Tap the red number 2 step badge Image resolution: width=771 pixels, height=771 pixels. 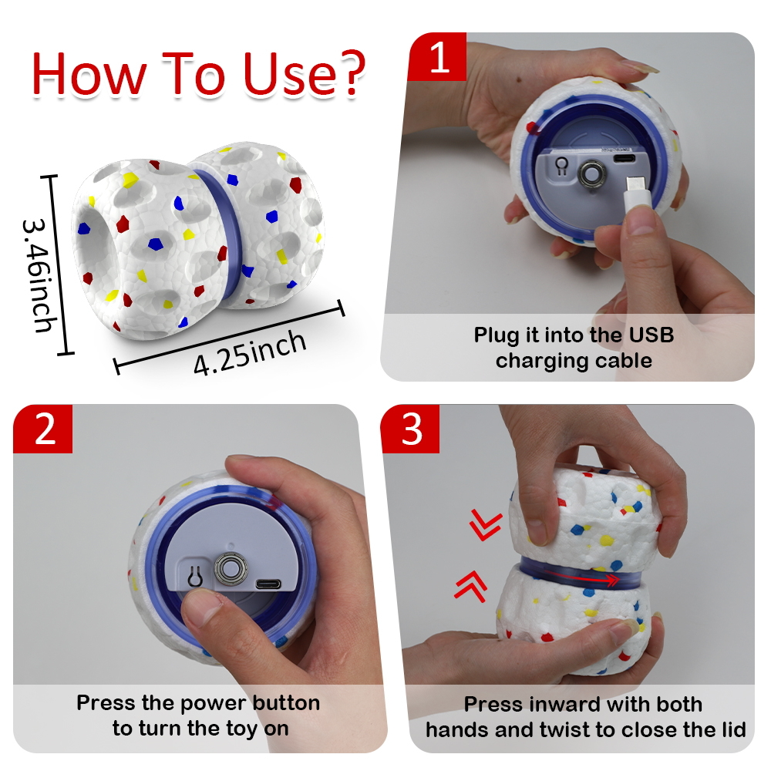[x=43, y=429]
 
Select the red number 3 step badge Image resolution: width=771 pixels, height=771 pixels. [x=411, y=429]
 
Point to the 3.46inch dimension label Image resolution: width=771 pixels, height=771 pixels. [x=40, y=275]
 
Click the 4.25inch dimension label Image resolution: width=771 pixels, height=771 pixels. [x=250, y=352]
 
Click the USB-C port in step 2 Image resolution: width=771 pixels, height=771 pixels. [x=268, y=584]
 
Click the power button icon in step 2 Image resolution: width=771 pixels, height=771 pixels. [x=195, y=576]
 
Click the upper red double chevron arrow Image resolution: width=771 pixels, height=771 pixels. [x=485, y=524]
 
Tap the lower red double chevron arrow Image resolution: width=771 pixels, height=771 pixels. [x=470, y=586]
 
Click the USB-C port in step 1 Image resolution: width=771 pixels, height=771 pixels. [x=624, y=159]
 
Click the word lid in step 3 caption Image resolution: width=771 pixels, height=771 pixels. [x=733, y=729]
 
